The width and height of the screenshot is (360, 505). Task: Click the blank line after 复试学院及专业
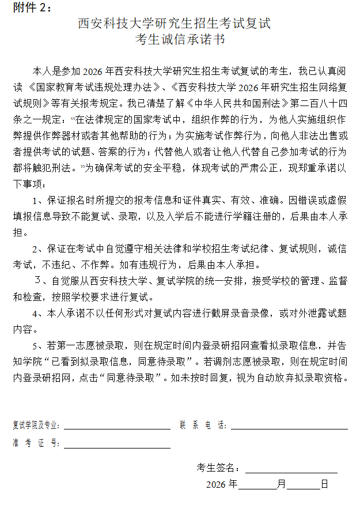(x=116, y=428)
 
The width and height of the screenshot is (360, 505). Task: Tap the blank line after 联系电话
(x=289, y=428)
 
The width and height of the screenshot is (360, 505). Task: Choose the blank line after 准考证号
(x=116, y=447)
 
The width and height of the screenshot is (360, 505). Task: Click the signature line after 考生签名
(x=291, y=471)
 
